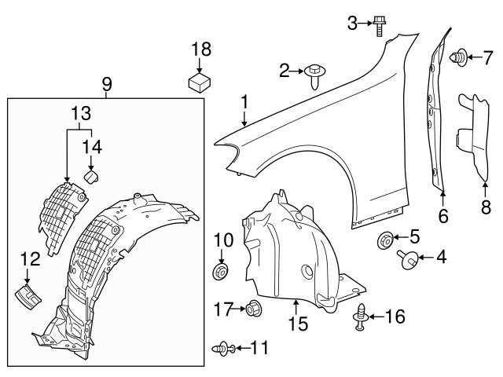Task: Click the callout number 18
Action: coord(201,49)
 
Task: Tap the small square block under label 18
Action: coord(201,80)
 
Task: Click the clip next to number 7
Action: coord(459,57)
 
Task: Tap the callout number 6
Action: coord(443,216)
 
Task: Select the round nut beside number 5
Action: coord(387,239)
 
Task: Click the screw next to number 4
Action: coord(409,255)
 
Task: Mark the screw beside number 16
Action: coord(362,315)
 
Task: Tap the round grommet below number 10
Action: coord(221,273)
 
